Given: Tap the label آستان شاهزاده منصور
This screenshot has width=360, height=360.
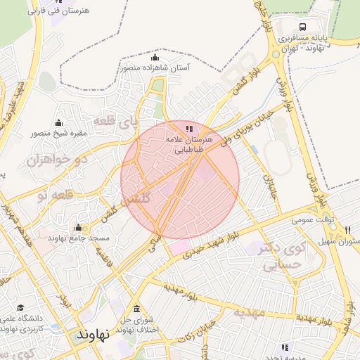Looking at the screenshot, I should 155,67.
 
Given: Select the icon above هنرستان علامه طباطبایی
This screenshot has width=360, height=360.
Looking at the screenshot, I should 188,129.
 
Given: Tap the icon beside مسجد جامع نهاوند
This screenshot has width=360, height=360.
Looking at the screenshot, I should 79,228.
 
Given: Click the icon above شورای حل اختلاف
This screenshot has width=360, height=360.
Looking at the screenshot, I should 136,309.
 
